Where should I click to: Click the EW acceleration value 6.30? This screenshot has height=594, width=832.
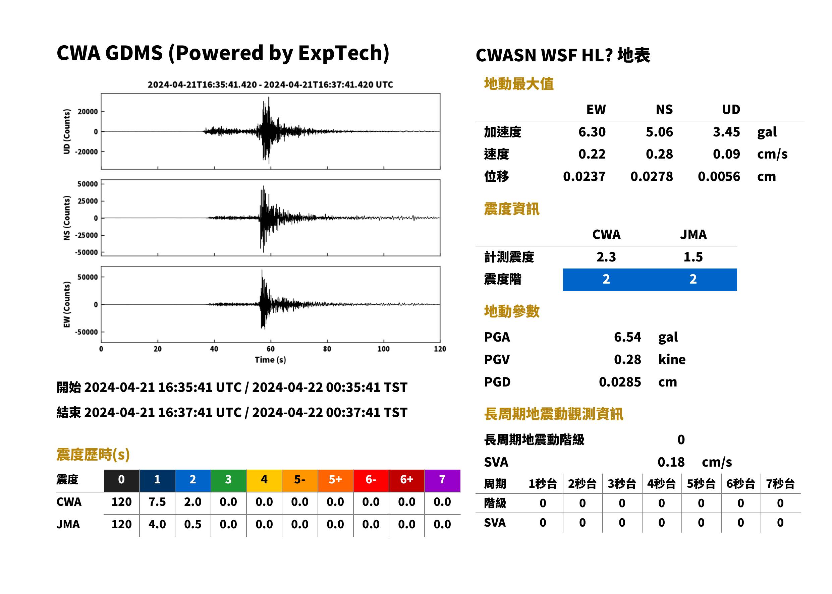pyautogui.click(x=592, y=132)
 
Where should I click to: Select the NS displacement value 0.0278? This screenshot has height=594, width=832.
pyautogui.click(x=651, y=176)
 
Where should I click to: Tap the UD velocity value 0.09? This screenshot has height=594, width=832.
pyautogui.click(x=726, y=154)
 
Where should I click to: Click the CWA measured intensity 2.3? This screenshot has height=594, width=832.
pyautogui.click(x=606, y=257)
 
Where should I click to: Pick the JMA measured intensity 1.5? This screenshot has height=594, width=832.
pyautogui.click(x=693, y=257)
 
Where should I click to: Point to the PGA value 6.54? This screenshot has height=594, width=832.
pyautogui.click(x=627, y=337)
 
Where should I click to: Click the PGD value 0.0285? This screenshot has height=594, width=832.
pyautogui.click(x=620, y=382)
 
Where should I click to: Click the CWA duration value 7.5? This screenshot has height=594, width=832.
pyautogui.click(x=157, y=502)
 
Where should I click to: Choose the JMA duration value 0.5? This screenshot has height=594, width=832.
pyautogui.click(x=193, y=524)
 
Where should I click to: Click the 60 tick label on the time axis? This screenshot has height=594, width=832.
pyautogui.click(x=270, y=349)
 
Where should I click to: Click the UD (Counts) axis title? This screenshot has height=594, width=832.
pyautogui.click(x=67, y=131)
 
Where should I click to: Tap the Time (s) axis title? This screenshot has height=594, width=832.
pyautogui.click(x=270, y=360)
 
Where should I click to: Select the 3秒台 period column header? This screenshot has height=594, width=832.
pyautogui.click(x=622, y=483)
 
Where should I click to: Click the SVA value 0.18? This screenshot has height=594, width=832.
pyautogui.click(x=671, y=462)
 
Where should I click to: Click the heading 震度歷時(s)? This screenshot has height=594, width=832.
pyautogui.click(x=93, y=455)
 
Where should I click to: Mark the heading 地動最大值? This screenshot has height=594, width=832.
pyautogui.click(x=518, y=84)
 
